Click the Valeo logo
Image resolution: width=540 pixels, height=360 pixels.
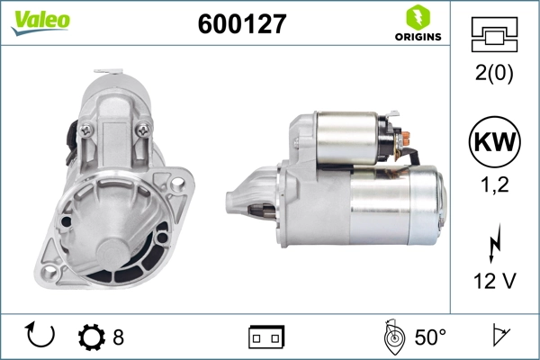coord(40,22)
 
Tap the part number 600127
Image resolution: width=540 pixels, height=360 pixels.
coord(242,23)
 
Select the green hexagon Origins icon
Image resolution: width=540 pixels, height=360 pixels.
coord(418,18)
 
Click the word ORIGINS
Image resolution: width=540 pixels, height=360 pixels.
coord(418,37)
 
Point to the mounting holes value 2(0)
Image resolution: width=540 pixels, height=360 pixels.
coord(494,73)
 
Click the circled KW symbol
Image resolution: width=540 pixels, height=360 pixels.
coord(494,141)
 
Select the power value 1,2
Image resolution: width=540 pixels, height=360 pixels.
coord(494,184)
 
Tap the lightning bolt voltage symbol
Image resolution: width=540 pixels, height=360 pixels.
coord(495,243)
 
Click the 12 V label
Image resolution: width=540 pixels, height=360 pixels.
coord(495,281)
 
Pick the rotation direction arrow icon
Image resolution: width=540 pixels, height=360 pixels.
coord(40,335)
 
